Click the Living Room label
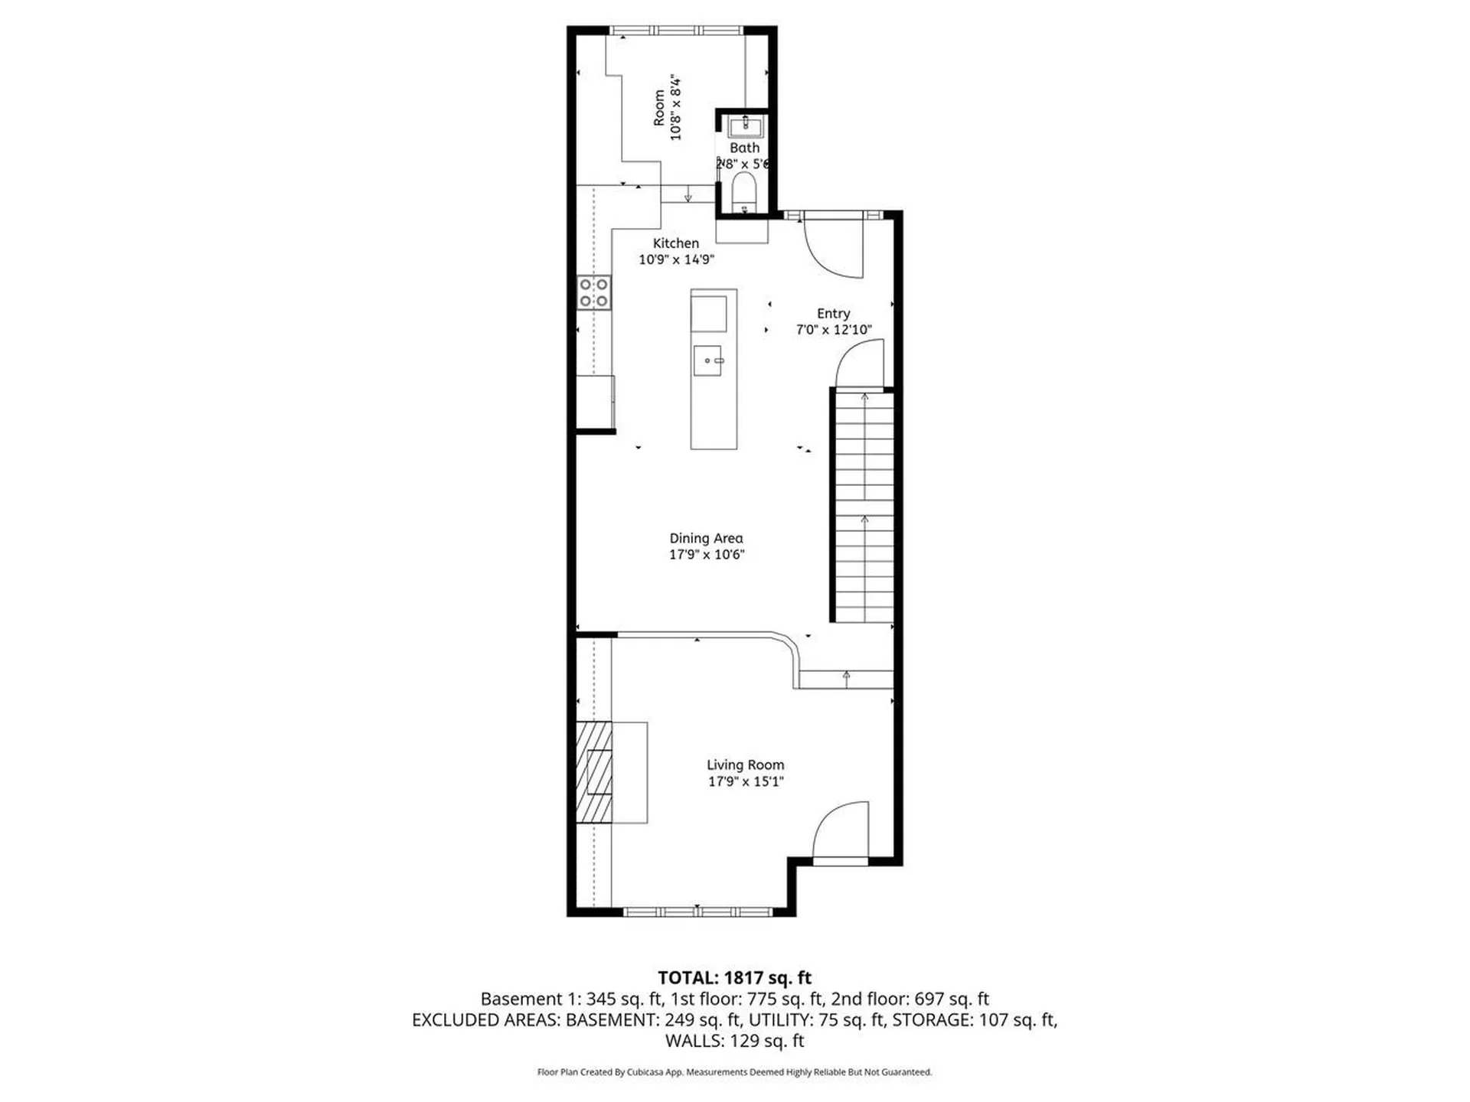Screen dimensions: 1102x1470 (745, 765)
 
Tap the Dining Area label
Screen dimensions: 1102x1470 (706, 538)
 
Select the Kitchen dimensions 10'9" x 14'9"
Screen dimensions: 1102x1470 (676, 259)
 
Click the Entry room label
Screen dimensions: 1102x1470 (833, 313)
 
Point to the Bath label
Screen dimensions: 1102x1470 (744, 148)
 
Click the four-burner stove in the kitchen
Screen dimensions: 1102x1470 (594, 292)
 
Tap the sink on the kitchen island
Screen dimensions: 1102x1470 (708, 360)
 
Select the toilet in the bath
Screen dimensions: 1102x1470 (743, 190)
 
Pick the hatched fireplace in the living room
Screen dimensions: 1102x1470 (594, 772)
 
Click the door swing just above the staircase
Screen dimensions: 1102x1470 (860, 364)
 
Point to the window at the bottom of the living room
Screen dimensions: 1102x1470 (697, 911)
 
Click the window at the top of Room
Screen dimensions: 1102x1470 (677, 31)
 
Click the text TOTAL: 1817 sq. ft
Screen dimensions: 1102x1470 (734, 977)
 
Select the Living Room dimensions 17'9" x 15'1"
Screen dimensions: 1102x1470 (745, 781)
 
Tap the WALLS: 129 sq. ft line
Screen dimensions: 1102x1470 (734, 1040)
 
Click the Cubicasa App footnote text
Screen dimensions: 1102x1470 (734, 1072)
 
